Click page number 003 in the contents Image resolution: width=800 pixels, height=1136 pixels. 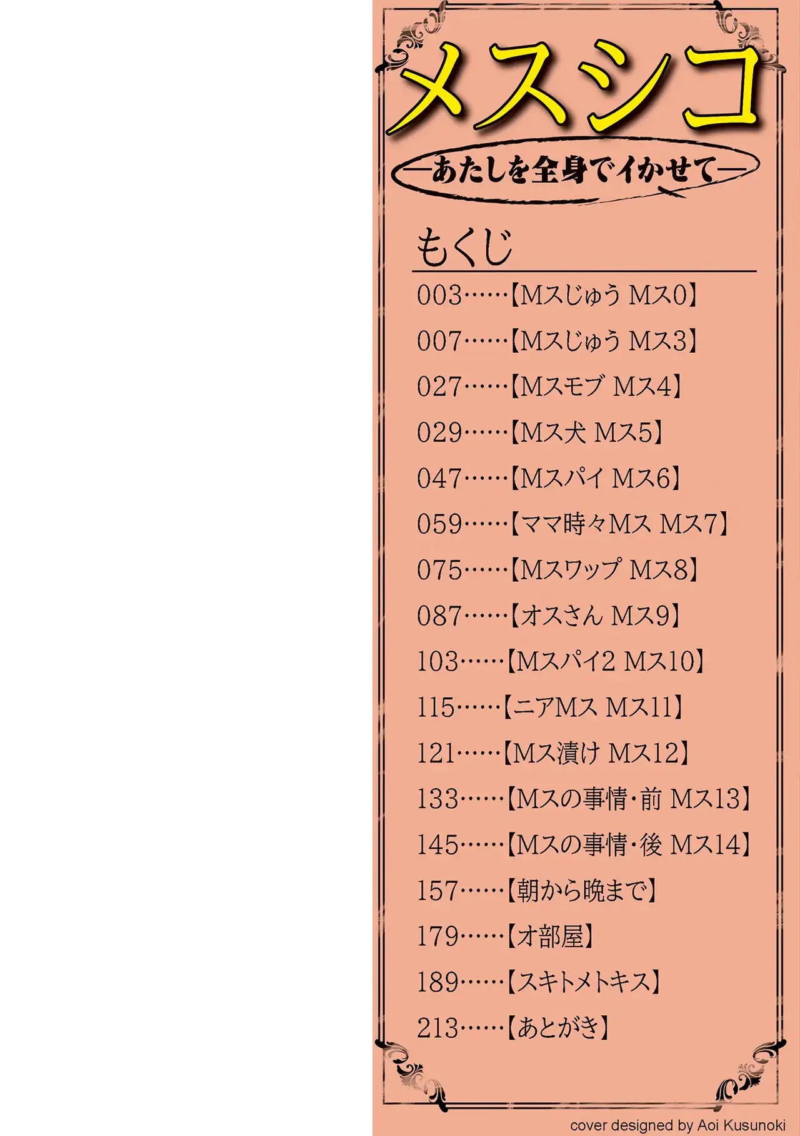pos(439,295)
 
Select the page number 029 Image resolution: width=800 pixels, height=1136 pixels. pos(439,433)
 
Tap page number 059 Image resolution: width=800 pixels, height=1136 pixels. pos(439,524)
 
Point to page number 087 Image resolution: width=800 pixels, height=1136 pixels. pos(439,616)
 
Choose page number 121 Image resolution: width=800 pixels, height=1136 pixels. pos(436,753)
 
